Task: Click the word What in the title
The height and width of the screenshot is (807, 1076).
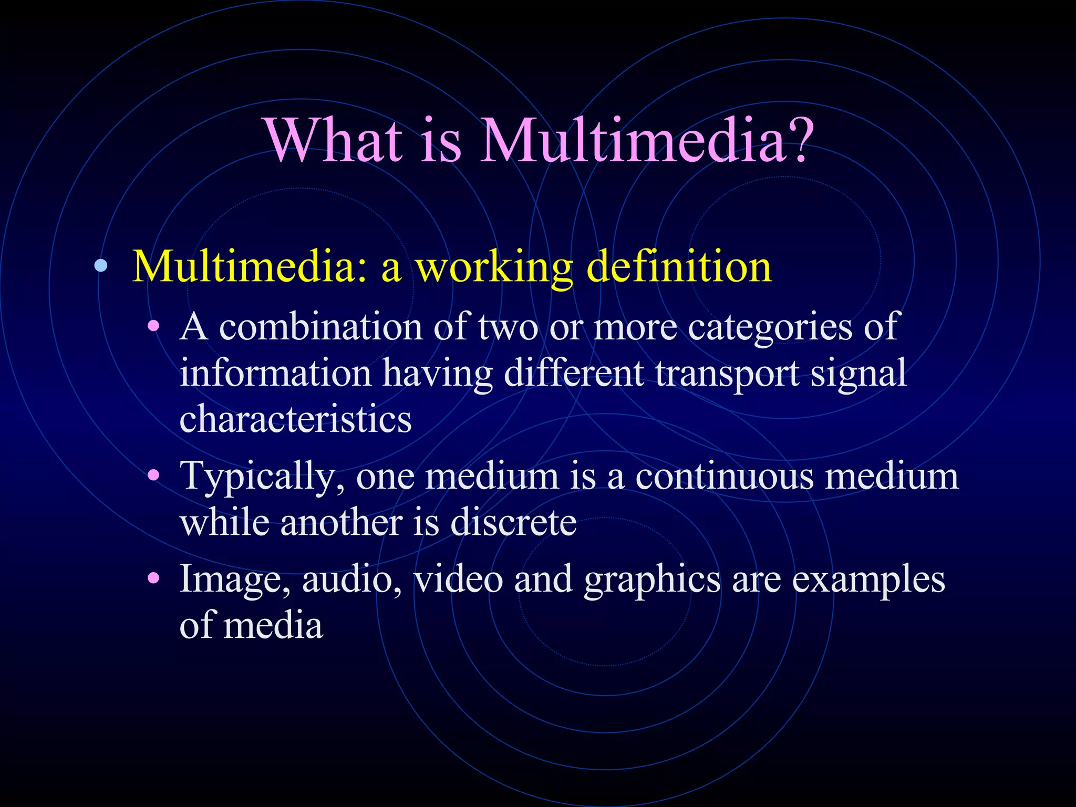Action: (334, 140)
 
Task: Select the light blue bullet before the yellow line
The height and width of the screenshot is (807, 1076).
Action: (101, 266)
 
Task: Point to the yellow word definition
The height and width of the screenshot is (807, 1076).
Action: (678, 266)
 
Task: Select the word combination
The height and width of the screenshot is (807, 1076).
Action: (320, 327)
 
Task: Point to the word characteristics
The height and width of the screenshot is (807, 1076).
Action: (295, 419)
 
